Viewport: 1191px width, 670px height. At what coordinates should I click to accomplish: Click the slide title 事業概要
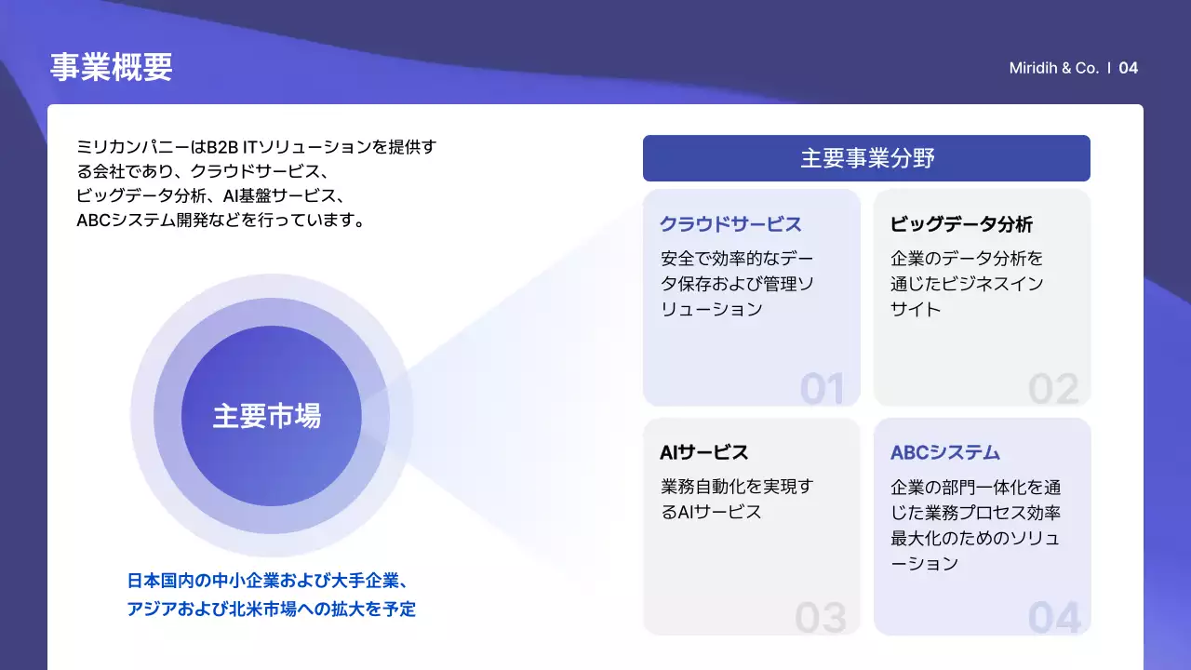point(111,67)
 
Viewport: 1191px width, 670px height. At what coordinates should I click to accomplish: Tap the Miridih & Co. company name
point(1053,68)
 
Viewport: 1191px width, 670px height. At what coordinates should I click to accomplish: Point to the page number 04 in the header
point(1128,68)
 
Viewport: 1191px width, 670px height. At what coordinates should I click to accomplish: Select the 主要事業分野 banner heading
point(866,158)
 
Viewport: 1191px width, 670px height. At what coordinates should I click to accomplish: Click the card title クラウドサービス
point(730,224)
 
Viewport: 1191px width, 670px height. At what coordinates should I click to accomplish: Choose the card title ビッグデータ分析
point(961,224)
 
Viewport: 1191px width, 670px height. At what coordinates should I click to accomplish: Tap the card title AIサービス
point(704,453)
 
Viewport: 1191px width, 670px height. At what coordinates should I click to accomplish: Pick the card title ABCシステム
point(944,453)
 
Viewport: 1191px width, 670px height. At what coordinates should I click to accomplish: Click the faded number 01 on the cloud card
point(822,389)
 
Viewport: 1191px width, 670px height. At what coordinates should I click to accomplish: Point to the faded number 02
point(1053,389)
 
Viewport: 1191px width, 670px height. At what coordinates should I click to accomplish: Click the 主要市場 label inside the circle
point(267,416)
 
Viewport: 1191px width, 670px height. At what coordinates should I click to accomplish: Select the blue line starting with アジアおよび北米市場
point(272,610)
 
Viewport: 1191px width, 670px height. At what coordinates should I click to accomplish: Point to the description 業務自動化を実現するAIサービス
point(736,499)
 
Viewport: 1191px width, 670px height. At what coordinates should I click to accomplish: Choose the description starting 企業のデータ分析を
point(967,283)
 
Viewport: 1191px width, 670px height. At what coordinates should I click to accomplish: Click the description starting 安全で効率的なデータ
point(736,283)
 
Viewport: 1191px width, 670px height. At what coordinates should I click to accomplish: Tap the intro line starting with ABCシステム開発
point(220,221)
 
